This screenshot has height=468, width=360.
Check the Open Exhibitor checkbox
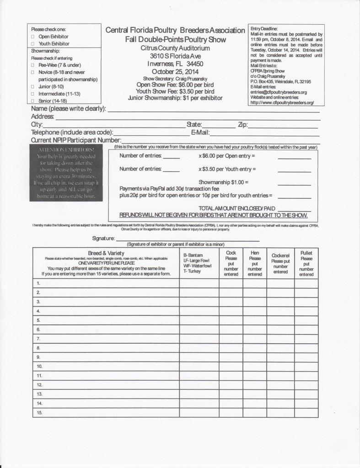[x=32, y=36]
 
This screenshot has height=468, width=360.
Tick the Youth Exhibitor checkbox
[x=32, y=43]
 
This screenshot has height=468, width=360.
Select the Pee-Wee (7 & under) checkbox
[x=32, y=65]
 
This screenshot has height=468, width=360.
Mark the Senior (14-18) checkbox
[x=32, y=101]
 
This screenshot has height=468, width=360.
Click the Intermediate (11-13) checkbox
[x=32, y=93]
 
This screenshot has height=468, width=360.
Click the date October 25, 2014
[x=175, y=72]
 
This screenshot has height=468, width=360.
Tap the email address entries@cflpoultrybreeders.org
[x=279, y=92]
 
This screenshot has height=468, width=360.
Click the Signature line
[x=188, y=239]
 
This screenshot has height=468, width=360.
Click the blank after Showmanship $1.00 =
[x=294, y=183]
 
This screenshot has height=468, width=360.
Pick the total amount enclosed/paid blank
[x=294, y=209]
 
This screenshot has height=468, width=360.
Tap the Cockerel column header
[x=280, y=263]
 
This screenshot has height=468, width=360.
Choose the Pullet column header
[x=306, y=263]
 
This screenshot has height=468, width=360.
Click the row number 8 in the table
[x=38, y=348]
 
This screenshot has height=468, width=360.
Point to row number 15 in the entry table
[x=39, y=413]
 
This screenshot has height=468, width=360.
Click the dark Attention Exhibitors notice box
[x=66, y=173]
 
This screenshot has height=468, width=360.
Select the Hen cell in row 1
[x=254, y=283]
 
